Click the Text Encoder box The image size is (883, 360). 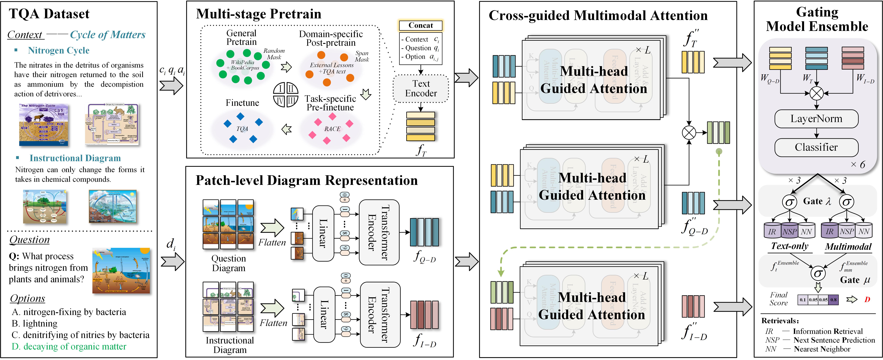pos(421,88)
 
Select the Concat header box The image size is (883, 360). pos(421,25)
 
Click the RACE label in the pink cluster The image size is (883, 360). pos(332,129)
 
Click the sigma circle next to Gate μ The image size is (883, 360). pos(818,273)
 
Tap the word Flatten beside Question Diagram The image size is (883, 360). pos(272,242)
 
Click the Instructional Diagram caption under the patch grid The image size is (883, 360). pos(230,345)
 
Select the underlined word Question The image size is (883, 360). pos(29,240)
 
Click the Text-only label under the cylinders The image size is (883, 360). pos(789,246)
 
